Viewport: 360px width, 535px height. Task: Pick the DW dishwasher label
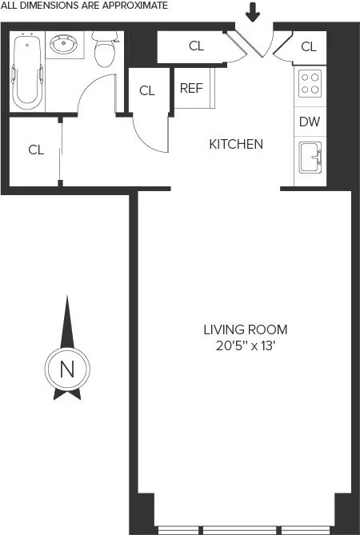coord(310,122)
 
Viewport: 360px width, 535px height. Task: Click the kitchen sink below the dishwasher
coord(310,158)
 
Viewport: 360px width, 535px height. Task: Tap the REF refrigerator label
coord(191,89)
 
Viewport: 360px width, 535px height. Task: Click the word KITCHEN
coord(236,145)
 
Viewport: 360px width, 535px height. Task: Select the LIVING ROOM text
coord(245,329)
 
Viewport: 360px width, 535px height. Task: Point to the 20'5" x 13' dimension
coord(245,345)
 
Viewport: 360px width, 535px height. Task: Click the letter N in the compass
coord(67,369)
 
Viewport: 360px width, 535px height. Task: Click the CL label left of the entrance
coord(197,46)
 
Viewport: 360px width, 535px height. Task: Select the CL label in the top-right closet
coord(309,46)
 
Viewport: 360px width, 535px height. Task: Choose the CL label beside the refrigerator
coord(147,90)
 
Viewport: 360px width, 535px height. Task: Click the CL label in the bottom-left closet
coord(35,150)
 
